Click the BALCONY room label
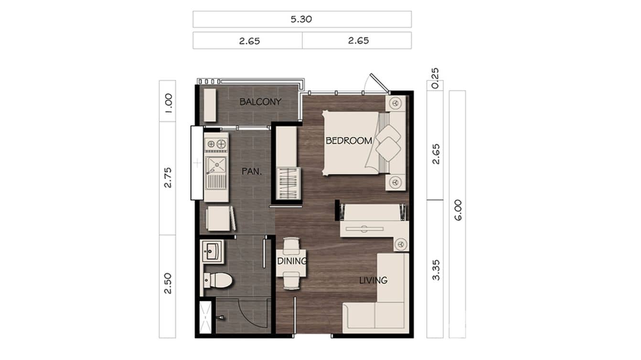click(260, 102)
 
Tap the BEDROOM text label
click(349, 141)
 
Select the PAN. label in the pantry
click(251, 170)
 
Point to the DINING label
click(292, 261)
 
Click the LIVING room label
click(373, 280)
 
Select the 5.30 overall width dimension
click(301, 20)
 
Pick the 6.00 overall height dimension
click(458, 210)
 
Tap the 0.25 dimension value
click(435, 78)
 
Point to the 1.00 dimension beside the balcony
click(168, 101)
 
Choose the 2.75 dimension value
click(168, 178)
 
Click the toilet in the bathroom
click(218, 280)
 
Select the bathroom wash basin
click(211, 251)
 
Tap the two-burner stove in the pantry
click(216, 143)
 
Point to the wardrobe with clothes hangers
click(288, 183)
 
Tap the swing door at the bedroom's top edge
click(377, 83)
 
